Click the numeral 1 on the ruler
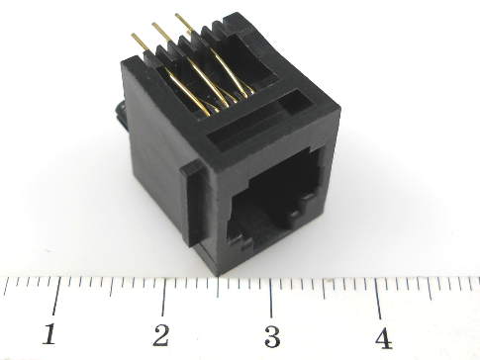[x=50, y=334]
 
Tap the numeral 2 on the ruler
[x=161, y=335]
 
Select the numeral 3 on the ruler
[x=272, y=336]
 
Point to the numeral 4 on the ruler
[x=383, y=338]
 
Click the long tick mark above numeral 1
[x=56, y=296]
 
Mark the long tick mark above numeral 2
[x=164, y=297]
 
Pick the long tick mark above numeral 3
[x=271, y=299]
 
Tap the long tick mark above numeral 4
[x=378, y=300]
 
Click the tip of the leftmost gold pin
[x=133, y=35]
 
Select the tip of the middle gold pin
[x=153, y=24]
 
